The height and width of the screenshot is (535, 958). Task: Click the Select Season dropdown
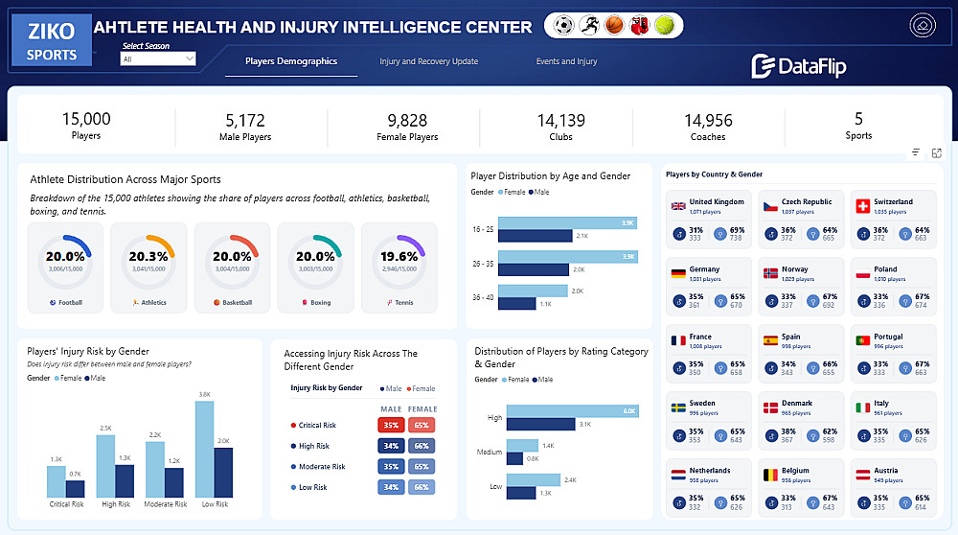(158, 59)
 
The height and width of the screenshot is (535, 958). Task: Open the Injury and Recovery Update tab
(428, 61)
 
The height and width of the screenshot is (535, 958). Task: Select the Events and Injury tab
(566, 61)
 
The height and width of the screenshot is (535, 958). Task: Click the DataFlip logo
(798, 65)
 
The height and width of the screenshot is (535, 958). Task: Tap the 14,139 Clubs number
(560, 120)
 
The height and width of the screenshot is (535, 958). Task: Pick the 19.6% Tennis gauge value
(399, 256)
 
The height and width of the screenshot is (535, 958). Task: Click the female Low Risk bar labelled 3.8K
(204, 448)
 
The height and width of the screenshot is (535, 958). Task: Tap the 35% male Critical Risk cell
(391, 425)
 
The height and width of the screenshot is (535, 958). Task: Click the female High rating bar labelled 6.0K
(572, 411)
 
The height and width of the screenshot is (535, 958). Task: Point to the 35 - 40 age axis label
(482, 297)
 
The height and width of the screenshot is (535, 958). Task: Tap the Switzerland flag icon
(861, 206)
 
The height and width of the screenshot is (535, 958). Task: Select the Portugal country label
(888, 337)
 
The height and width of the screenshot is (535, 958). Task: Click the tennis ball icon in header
(664, 26)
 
